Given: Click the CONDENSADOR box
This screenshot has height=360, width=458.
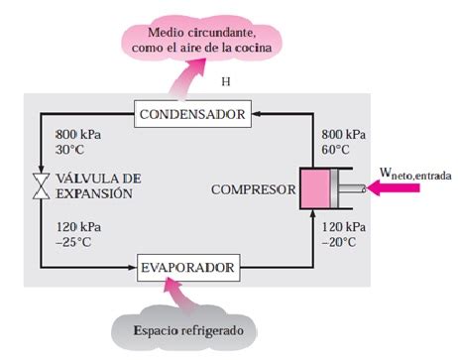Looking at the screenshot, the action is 192,114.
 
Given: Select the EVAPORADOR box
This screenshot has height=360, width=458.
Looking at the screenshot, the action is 188,268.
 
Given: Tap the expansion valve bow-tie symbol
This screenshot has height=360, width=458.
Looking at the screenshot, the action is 42,186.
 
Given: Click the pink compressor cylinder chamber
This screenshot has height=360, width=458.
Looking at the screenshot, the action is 315,188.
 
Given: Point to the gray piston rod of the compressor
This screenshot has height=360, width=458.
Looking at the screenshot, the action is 352,188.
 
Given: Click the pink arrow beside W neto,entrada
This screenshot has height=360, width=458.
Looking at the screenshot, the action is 394,188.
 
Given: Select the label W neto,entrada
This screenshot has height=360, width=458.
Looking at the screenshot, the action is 415,174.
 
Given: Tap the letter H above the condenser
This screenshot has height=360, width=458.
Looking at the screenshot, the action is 226,81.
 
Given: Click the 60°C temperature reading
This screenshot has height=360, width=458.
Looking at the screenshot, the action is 335,150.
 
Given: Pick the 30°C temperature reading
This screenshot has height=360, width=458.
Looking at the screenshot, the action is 69,150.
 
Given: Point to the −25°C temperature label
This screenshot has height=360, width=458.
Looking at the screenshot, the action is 73,242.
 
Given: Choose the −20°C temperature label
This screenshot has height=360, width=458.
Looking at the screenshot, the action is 339,242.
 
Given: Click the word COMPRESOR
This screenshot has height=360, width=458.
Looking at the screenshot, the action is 254,189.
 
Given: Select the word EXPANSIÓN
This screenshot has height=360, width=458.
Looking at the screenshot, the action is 94,193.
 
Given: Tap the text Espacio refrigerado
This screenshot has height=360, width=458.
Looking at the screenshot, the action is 188,330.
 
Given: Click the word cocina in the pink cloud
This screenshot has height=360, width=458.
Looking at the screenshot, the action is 253,48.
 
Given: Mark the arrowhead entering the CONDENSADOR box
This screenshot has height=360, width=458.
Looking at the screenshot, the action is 256,114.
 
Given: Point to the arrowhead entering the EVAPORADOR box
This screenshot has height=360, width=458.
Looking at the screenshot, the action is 133,268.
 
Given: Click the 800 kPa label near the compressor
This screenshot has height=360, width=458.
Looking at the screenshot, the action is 344,135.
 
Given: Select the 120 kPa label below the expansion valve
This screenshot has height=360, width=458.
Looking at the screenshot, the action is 78,227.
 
